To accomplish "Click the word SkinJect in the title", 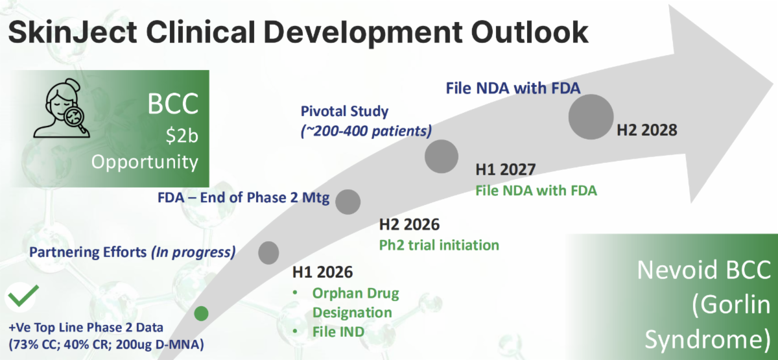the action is pos(73,32).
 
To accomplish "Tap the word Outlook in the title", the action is pos(529,32).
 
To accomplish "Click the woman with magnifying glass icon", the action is pos(62,108).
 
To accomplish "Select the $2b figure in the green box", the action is pos(182,135).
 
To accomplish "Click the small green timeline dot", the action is pos(201,314).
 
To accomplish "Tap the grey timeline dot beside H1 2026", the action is pos(268,252).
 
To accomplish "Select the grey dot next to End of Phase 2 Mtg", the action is pos(348,202).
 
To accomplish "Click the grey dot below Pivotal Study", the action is pos(442,156).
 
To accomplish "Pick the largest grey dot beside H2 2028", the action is pos(591,117).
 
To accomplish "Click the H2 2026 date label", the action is pos(409,224).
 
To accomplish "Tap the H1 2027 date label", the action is pos(505,169).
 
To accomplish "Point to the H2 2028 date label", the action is pos(647,130).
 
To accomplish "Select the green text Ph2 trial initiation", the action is pos(439,245).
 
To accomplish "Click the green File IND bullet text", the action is pos(338,332).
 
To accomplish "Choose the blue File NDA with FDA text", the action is pos(513,88).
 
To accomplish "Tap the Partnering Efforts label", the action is pos(88,252).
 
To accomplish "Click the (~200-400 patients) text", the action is pos(366,131).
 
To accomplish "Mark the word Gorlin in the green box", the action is pos(731,305).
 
